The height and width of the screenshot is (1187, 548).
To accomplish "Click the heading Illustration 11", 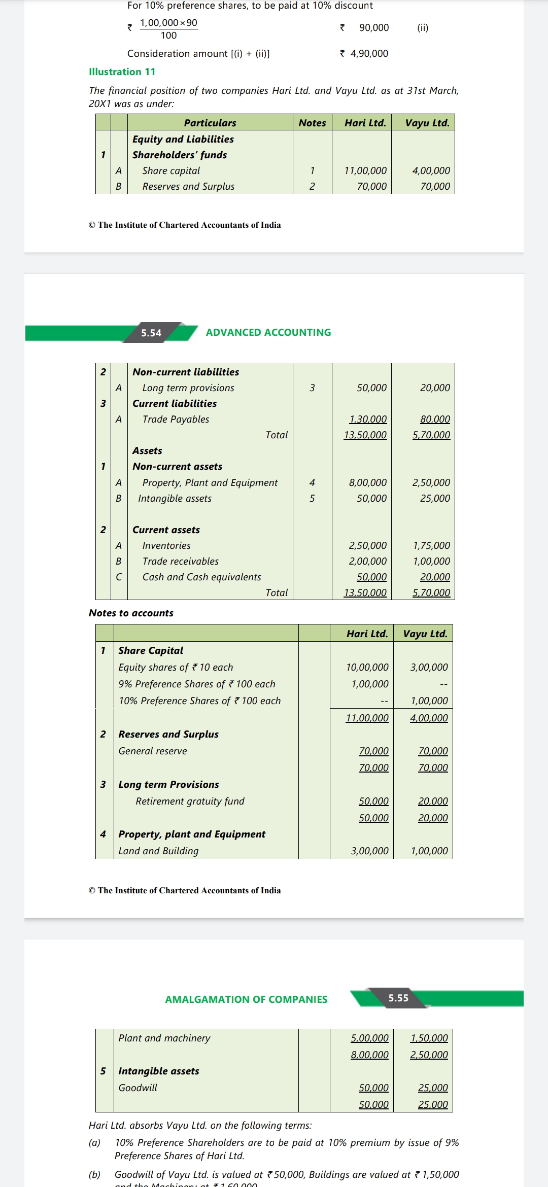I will tap(122, 72).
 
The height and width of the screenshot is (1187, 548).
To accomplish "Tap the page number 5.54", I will tap(151, 333).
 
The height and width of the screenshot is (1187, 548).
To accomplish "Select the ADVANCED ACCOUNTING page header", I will tap(268, 332).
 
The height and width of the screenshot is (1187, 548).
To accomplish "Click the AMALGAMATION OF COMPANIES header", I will tap(246, 999).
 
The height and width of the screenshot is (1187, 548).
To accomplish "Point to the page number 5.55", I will tap(398, 998).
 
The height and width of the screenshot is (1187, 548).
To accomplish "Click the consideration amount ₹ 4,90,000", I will tap(364, 53).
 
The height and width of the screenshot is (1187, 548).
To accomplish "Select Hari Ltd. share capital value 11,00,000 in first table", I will tap(365, 171).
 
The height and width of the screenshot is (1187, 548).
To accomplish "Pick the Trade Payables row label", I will tap(176, 420).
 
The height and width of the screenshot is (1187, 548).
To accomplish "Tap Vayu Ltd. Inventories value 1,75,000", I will tap(431, 546).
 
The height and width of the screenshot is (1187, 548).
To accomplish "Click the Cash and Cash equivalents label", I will tap(201, 577).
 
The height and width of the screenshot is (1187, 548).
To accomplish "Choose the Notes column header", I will tap(312, 123).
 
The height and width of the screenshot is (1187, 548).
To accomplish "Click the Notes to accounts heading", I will tap(131, 613).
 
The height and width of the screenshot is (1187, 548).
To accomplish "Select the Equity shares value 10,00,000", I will tap(367, 668).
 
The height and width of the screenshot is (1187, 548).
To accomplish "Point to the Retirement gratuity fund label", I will tap(190, 801).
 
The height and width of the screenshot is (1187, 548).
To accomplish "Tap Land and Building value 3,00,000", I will tap(370, 851).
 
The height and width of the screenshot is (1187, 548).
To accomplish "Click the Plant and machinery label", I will tap(164, 1038).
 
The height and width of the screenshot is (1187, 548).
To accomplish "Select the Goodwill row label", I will tap(138, 1088).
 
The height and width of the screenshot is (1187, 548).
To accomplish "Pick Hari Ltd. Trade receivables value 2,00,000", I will tap(367, 562).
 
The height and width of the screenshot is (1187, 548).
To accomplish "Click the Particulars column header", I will tap(210, 123).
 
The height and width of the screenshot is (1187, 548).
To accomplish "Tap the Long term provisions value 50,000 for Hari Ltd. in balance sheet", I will tap(371, 388).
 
